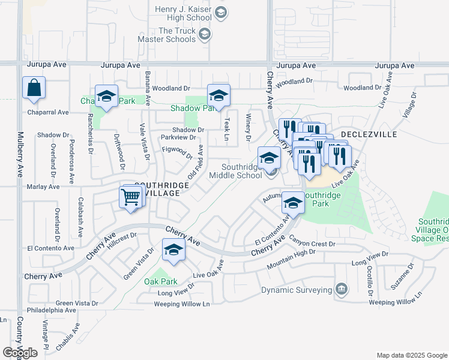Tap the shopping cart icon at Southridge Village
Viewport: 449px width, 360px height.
(130, 196)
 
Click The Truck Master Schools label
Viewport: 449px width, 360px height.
(177, 35)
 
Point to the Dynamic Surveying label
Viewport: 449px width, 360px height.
(297, 290)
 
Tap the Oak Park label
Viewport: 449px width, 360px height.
(160, 281)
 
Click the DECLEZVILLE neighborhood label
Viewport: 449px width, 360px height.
(369, 134)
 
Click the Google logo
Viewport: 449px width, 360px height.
(20, 352)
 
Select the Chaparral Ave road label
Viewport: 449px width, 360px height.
(47, 112)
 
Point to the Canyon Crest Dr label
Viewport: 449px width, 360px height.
(312, 243)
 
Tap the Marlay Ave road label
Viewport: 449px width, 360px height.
(43, 187)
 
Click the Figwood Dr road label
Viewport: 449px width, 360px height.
(177, 152)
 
